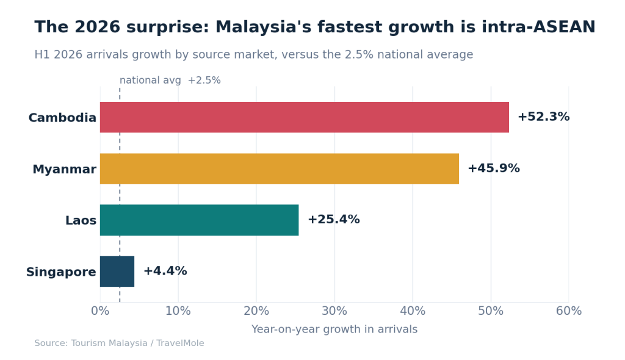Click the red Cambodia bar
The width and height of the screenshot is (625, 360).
tap(304, 117)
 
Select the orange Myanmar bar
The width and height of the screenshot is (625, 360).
tap(280, 168)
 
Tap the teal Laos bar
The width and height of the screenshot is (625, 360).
tap(200, 220)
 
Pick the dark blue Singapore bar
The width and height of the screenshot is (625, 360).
tap(117, 272)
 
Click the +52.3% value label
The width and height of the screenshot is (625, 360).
tap(543, 117)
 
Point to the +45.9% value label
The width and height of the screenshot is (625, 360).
tap(493, 168)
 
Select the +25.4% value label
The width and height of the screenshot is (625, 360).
tap(334, 220)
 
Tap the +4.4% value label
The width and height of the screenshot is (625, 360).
tap(165, 271)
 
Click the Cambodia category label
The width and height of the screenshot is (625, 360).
tap(62, 118)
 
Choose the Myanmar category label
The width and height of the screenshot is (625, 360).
tap(64, 170)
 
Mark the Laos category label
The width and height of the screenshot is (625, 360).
tap(81, 220)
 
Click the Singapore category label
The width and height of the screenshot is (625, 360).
tap(61, 272)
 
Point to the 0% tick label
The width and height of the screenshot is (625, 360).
tap(100, 311)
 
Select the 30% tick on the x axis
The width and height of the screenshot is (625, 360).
tap(334, 311)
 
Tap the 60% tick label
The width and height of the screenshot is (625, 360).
tap(569, 311)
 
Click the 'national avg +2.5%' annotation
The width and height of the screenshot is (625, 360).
tap(170, 81)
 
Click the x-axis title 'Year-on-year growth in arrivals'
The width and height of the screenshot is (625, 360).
tap(334, 329)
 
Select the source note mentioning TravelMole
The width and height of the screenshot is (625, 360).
tap(119, 344)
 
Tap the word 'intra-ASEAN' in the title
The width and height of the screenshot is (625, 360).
tap(538, 27)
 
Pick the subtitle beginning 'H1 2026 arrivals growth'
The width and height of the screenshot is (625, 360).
tap(253, 55)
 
